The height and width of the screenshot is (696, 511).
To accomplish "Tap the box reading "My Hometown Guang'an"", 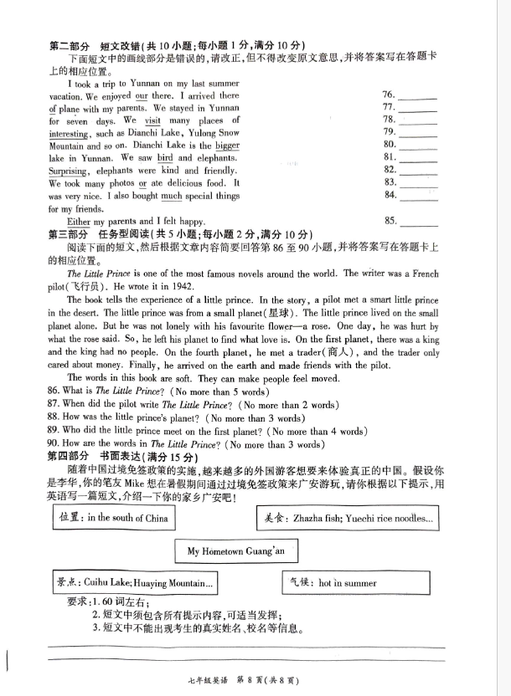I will [238, 551].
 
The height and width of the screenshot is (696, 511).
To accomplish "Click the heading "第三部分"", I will [69, 233].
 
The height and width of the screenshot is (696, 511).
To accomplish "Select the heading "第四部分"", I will [69, 457].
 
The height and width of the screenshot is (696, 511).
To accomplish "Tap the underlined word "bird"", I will [165, 157].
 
